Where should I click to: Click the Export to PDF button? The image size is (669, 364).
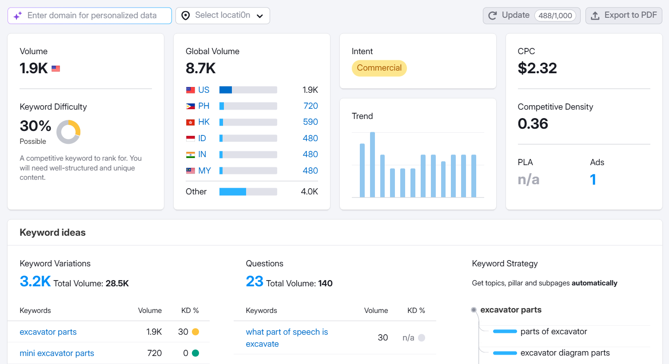[624, 16]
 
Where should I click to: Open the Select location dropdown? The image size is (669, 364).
[223, 16]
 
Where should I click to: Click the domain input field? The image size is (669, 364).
[92, 16]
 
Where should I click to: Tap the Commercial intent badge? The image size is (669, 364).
[379, 68]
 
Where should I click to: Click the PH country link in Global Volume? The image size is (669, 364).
[203, 106]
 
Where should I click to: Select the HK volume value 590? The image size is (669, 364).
[310, 122]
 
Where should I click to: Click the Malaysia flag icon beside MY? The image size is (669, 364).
[191, 171]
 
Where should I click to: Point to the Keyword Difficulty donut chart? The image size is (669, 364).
[68, 132]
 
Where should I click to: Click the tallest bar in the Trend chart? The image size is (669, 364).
[372, 164]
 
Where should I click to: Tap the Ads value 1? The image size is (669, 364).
[593, 179]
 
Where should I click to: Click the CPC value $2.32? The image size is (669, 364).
[537, 68]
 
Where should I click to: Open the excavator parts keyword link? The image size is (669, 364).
[48, 332]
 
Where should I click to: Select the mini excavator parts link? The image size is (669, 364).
[57, 353]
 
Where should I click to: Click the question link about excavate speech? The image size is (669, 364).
[287, 338]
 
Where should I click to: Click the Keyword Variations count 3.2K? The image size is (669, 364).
[35, 281]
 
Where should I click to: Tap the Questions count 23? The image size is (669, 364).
[255, 281]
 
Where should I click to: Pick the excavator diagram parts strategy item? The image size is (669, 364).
[565, 353]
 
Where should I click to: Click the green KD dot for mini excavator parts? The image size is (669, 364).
[195, 353]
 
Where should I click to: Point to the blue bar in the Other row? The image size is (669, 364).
[232, 192]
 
